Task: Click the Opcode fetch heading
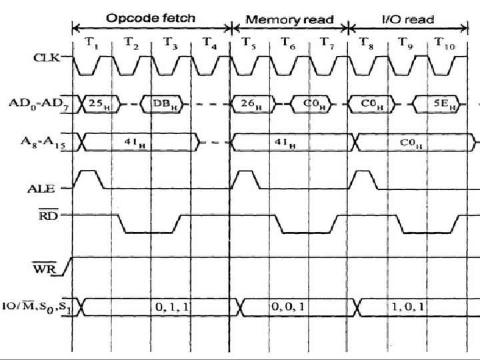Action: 151,18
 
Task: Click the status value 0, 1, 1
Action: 172,307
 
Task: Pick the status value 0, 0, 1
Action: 287,307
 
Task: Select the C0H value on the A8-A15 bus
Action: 413,142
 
